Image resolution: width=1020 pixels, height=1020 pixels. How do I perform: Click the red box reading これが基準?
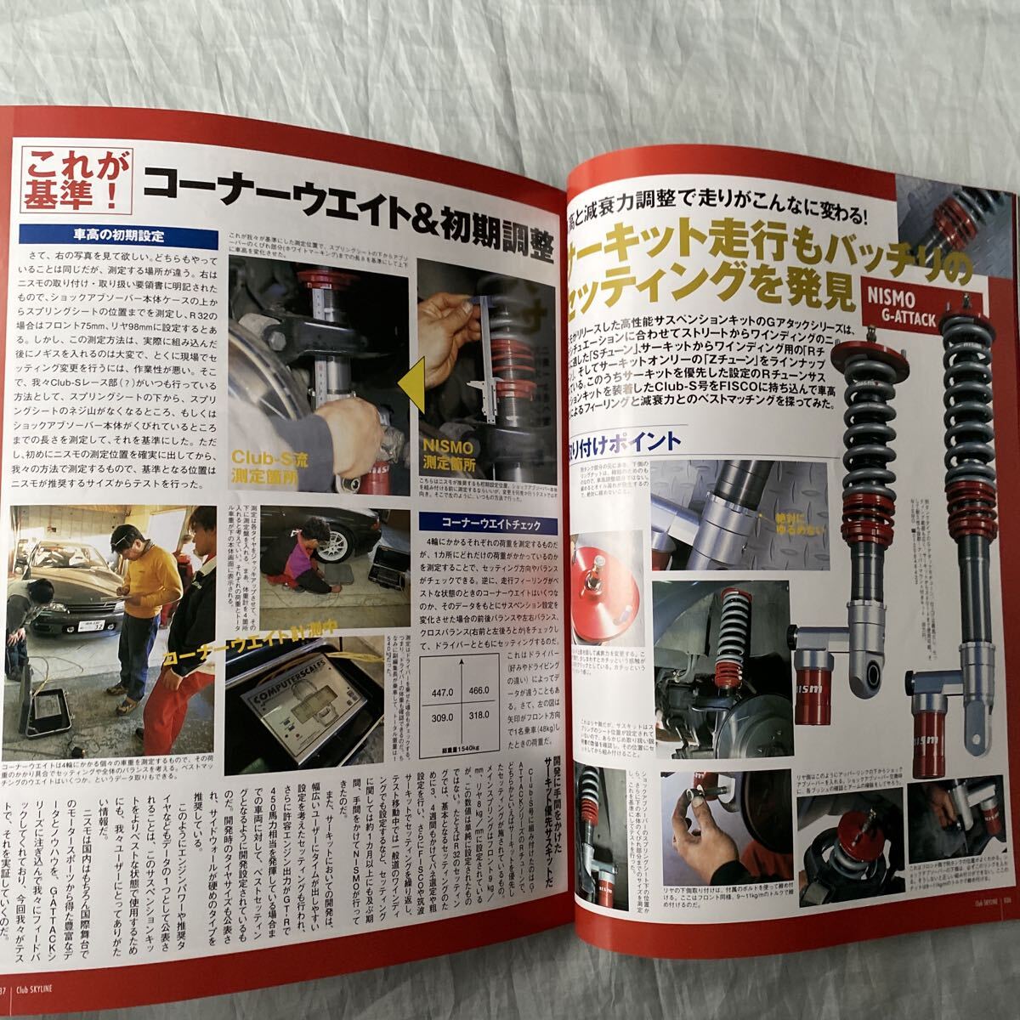pos(76,181)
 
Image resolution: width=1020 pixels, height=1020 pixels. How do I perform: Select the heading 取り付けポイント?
pos(629,440)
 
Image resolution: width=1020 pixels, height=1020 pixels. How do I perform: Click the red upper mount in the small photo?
pos(608,586)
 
